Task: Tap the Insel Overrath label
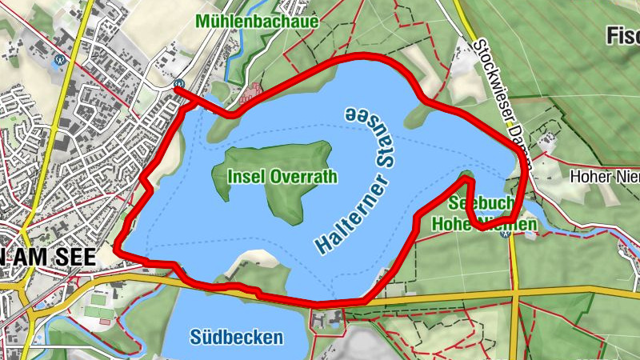click(x=282, y=177)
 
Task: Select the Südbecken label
click(x=237, y=338)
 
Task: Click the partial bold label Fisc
click(x=622, y=35)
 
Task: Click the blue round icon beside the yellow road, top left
click(x=58, y=59)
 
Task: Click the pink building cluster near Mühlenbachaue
click(x=251, y=95)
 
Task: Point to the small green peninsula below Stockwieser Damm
click(x=416, y=118)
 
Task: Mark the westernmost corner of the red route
click(x=116, y=247)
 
